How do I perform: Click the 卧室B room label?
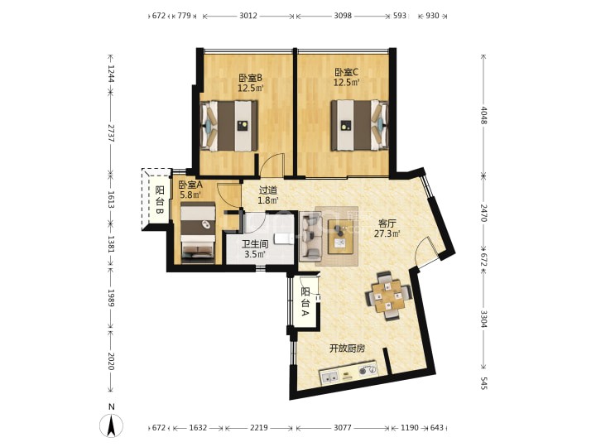pos(250,79)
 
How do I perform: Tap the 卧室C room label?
pos(346,72)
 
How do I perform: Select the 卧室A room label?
pos(190,185)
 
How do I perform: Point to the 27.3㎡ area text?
pos(387,233)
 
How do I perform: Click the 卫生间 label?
pos(255,244)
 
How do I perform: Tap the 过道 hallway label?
pos(268,190)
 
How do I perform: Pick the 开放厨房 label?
pos(347,348)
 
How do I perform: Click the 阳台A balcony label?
pos(305,302)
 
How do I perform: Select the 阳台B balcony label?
pos(160,200)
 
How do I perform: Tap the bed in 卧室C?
pos(359,126)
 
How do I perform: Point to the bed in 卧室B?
pos(229,126)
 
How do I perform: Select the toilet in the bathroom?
pos(284,238)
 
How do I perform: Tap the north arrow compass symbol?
pos(111,425)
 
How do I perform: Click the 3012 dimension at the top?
pos(248,16)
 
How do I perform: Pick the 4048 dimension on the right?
pos(483,115)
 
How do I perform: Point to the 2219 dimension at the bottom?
pos(259,428)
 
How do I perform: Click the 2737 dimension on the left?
pos(111,133)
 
